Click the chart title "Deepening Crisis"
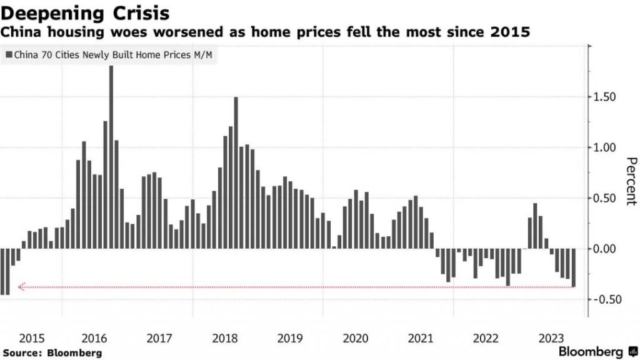pos(84,12)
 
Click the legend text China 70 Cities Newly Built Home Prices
pos(112,56)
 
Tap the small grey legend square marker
pos(7,56)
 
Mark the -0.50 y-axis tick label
pos(606,299)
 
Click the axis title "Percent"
pos(629,181)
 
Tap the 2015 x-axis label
pos(31,338)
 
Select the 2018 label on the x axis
pos(225,338)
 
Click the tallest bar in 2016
pos(111,156)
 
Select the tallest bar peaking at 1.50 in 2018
pos(236,172)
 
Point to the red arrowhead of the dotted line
pos(21,287)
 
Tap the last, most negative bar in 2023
pos(573,268)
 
